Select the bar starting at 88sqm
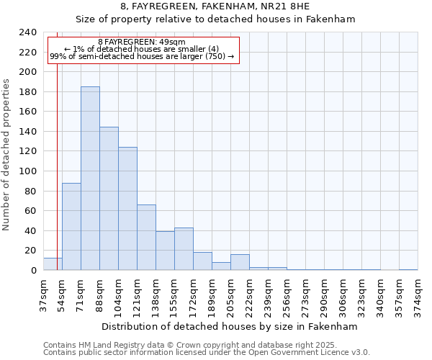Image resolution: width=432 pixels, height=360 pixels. point(109,199)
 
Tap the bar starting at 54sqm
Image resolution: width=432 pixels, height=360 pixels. point(71,227)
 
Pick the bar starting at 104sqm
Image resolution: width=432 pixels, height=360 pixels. point(127,209)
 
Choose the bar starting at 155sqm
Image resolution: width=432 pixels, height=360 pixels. point(184,249)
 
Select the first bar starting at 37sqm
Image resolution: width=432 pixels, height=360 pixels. point(53,264)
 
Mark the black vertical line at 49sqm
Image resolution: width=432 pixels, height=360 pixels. point(56,144)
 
